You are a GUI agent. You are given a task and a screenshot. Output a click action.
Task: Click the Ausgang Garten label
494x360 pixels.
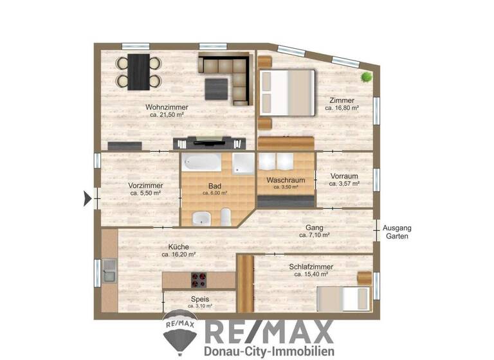[x=396, y=232]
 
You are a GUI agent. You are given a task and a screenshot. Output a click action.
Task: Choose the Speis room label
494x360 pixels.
[x=199, y=299]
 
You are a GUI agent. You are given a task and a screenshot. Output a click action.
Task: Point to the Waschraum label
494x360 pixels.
[x=286, y=181]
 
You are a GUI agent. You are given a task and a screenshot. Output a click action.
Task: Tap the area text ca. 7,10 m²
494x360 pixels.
[x=315, y=235]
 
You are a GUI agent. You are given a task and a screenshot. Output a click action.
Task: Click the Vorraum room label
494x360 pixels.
[x=344, y=175]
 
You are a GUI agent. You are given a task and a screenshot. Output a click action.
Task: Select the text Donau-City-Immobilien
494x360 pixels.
[x=268, y=351]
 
